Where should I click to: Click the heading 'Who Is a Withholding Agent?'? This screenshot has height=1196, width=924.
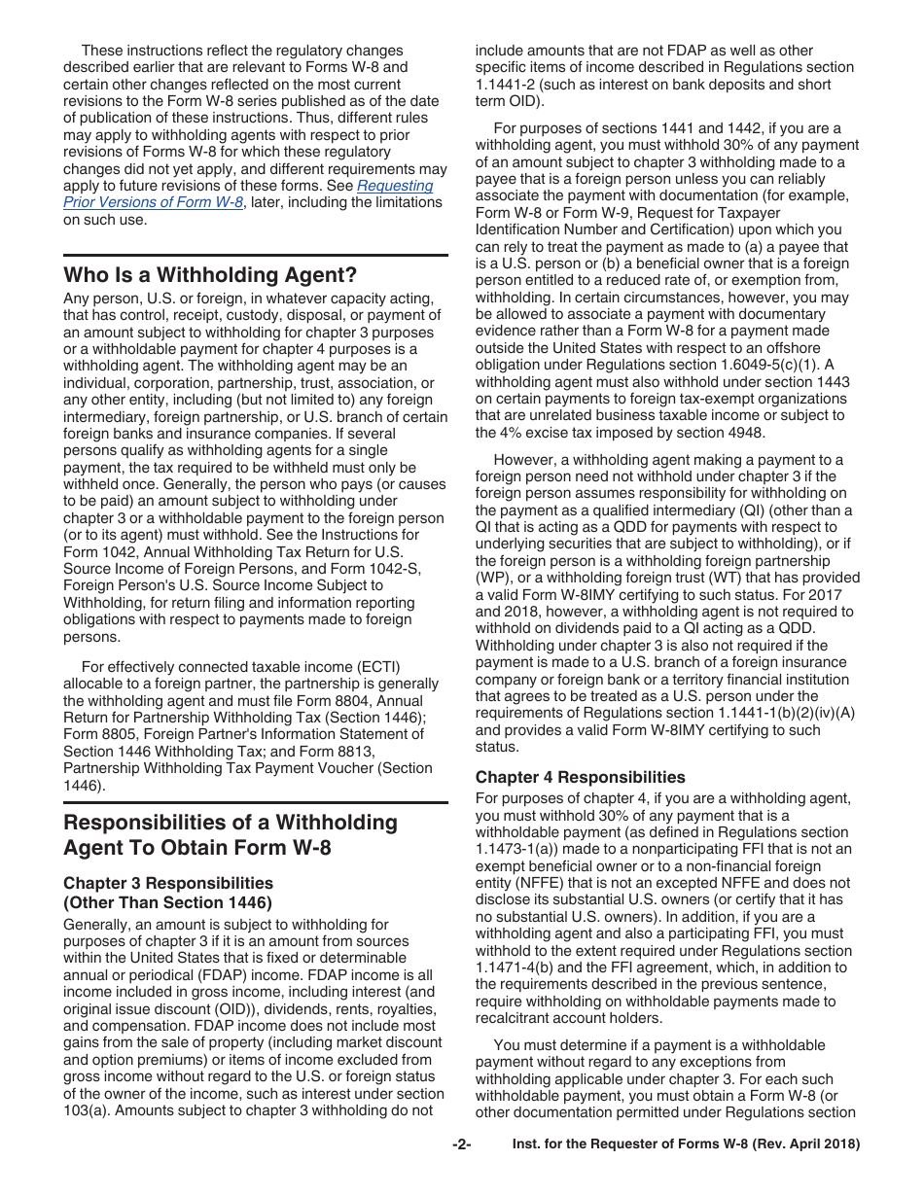(210, 274)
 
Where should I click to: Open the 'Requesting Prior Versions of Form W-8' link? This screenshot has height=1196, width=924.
(248, 193)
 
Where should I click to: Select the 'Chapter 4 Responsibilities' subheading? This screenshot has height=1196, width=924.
(580, 777)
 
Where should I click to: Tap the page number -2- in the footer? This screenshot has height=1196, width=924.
(461, 1144)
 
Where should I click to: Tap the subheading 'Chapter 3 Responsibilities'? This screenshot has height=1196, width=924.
(168, 883)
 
